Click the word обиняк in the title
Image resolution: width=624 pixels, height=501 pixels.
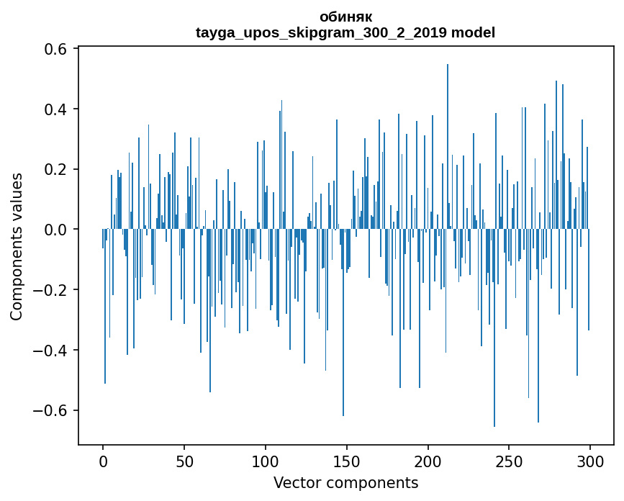pos(345,17)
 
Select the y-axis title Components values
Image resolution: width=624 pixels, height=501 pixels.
pos(17,246)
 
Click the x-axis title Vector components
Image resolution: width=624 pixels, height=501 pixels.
pos(345,482)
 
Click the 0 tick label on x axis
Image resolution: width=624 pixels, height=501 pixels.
pos(103,461)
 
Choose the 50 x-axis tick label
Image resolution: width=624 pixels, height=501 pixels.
pos(184,461)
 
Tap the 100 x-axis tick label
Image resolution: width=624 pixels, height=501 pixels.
pos(266,461)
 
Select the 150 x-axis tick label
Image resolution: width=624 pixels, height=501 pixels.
pos(347,461)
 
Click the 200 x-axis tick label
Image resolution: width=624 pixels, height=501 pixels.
pos(428,461)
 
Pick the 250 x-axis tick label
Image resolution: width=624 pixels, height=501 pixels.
pos(509,461)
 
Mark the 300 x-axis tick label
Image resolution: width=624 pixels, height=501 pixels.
pos(590,461)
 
